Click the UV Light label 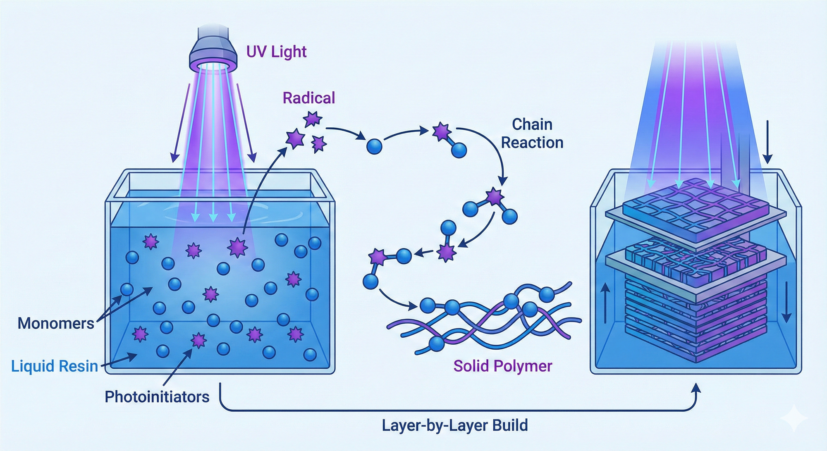pos(276,52)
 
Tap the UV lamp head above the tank pos(213,50)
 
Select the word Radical pos(308,98)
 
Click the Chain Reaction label pos(532,134)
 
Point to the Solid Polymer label pos(502,366)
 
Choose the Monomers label pos(56,323)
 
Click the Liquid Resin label pos(54,366)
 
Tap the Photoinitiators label pos(157,397)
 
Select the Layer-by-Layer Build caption pos(454,425)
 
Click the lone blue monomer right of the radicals pos(374,146)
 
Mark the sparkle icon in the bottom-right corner pos(794,418)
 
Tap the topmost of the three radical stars pos(312,119)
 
